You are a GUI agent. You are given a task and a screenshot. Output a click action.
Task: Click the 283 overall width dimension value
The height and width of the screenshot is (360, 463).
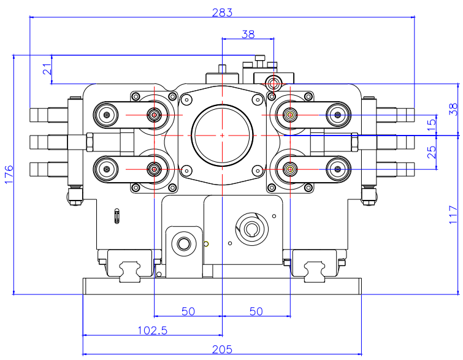click(x=221, y=12)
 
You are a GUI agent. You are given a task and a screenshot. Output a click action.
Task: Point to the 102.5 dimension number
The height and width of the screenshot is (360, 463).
click(x=153, y=330)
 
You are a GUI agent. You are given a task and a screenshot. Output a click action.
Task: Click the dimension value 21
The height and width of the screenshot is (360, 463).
click(x=47, y=69)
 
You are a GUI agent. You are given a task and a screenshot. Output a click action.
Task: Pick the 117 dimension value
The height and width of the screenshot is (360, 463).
click(x=453, y=214)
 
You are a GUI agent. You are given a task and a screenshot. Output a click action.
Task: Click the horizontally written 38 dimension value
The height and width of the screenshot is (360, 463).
click(x=247, y=34)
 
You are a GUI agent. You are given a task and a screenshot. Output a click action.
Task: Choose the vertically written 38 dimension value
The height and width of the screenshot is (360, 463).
click(x=453, y=109)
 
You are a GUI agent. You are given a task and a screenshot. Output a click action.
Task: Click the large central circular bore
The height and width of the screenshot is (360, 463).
click(x=221, y=135)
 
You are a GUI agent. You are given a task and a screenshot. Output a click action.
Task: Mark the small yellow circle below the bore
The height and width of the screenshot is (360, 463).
click(x=207, y=243)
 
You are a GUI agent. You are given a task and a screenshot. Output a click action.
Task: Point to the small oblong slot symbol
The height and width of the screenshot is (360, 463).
click(x=117, y=215)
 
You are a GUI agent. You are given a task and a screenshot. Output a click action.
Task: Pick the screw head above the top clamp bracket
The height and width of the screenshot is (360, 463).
click(x=260, y=59)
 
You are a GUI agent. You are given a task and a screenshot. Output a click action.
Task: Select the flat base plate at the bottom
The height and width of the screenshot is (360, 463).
click(x=221, y=286)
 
